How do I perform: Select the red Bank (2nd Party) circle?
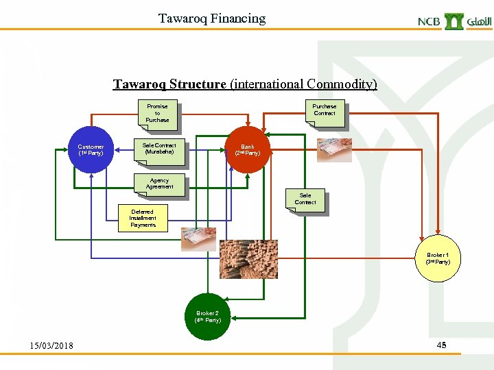click(x=247, y=149)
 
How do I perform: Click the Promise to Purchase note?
click(x=157, y=113)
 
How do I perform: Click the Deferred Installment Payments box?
click(x=143, y=219)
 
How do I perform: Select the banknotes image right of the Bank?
click(x=334, y=149)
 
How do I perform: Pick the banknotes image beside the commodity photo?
click(x=198, y=239)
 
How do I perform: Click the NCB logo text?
click(x=429, y=21)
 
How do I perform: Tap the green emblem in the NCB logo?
click(x=454, y=21)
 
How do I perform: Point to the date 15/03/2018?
click(x=51, y=345)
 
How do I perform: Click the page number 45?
click(x=441, y=345)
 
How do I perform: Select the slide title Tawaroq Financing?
click(x=211, y=18)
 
